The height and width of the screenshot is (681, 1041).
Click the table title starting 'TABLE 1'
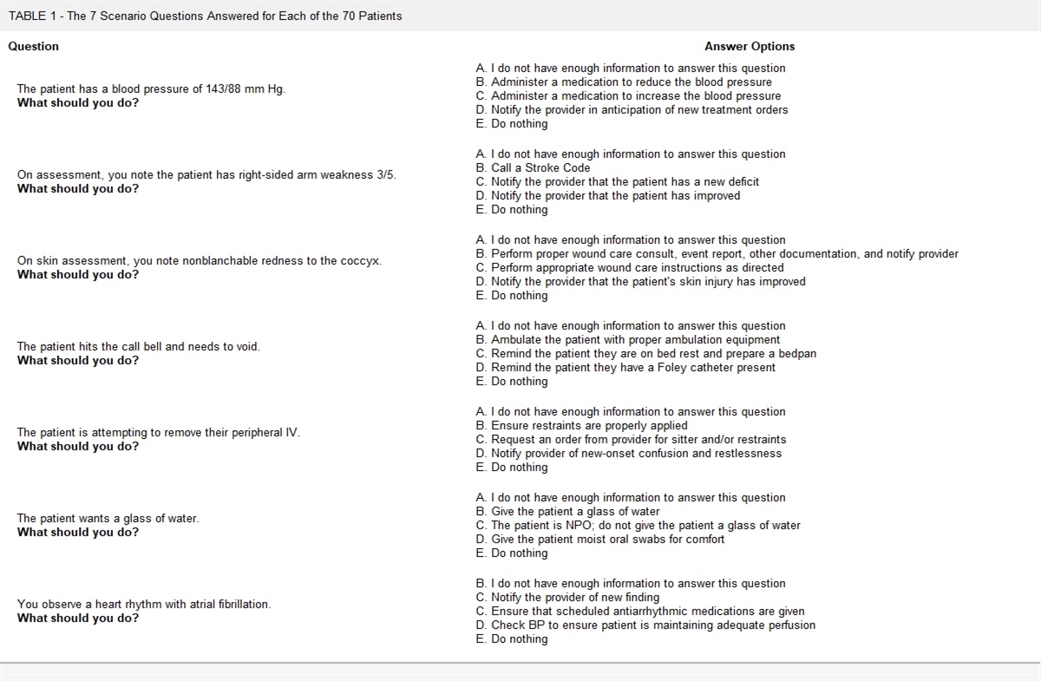point(206,16)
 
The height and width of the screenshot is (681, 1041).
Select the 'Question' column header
point(34,46)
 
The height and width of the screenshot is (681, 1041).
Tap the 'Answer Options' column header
point(750,46)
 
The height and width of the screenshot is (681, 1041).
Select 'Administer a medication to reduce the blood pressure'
point(624,82)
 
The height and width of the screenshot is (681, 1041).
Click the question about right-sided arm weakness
point(206,174)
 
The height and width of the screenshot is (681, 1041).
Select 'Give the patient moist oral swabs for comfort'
point(600,539)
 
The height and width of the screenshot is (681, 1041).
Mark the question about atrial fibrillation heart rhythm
point(144,604)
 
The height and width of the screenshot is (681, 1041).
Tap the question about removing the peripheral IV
point(159,432)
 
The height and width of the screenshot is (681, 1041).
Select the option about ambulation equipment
point(628,339)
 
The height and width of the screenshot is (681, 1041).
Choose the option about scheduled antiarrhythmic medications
point(640,611)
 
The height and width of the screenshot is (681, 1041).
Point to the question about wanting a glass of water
point(108,518)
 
